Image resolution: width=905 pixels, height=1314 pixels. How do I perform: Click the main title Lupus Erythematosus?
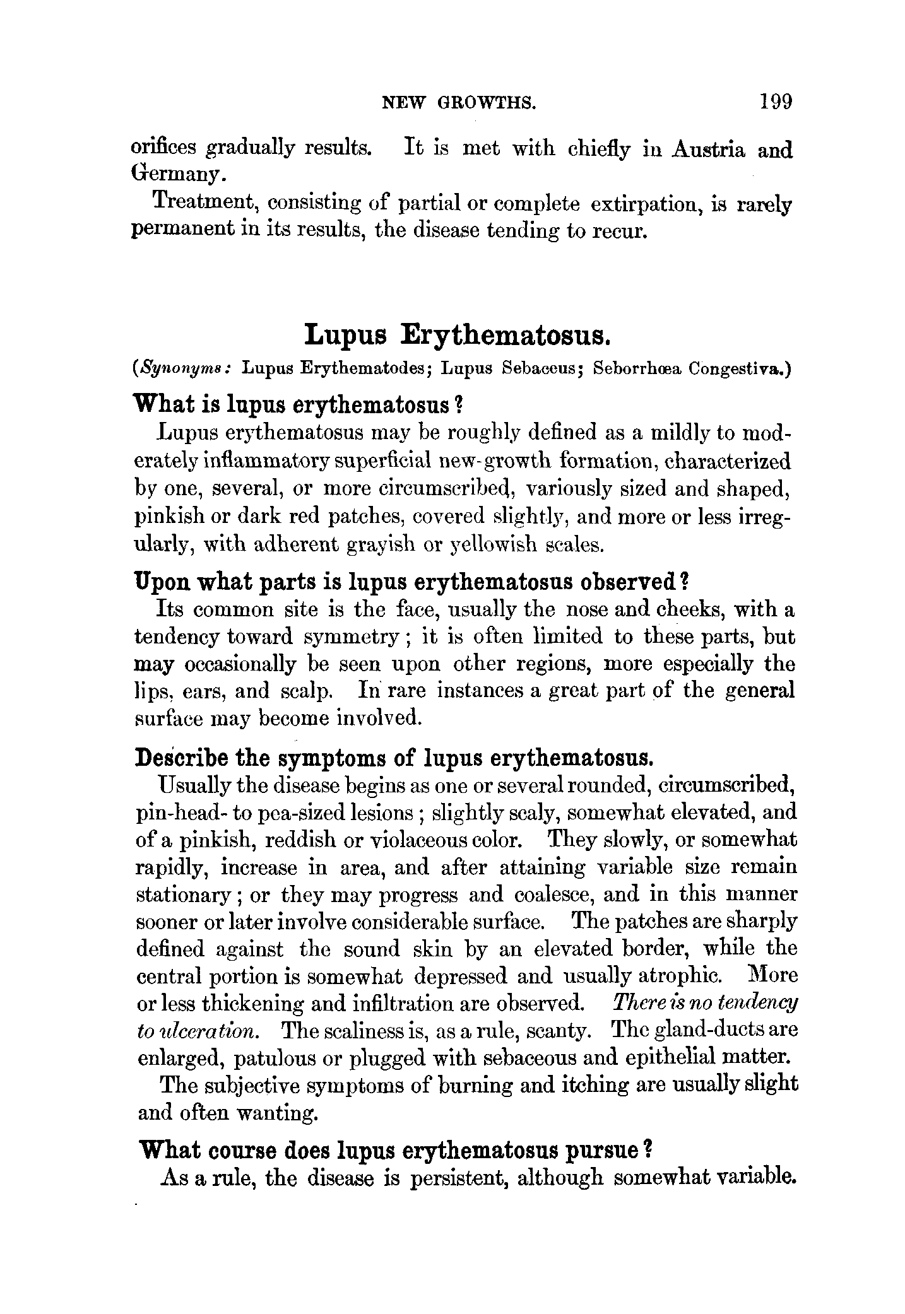pos(457,335)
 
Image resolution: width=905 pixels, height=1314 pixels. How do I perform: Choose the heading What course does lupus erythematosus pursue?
pos(394,1151)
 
